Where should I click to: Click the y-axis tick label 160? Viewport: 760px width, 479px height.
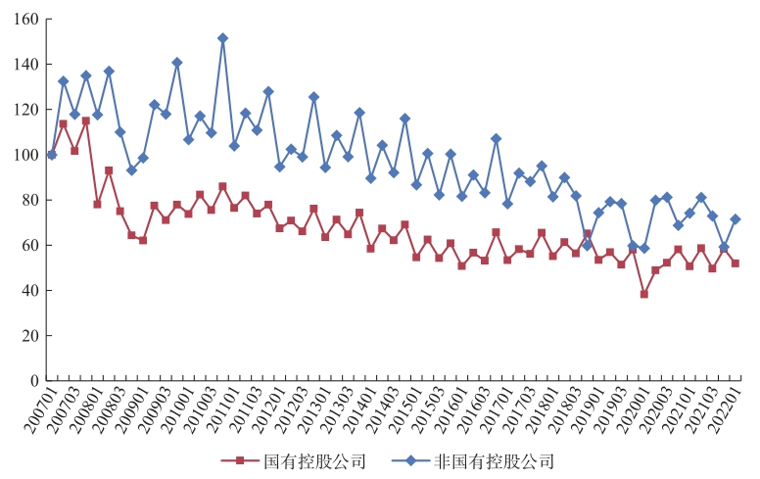(26, 20)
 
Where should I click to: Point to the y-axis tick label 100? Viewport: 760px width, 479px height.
(26, 155)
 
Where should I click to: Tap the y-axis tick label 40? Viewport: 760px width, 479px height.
(30, 290)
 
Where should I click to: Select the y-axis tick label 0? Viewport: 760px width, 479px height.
(34, 380)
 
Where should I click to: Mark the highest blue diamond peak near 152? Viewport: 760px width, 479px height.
(222, 38)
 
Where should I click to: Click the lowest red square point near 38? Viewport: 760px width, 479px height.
(644, 294)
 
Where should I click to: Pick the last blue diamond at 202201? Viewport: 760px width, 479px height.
(736, 219)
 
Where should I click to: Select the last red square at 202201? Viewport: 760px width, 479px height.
(736, 263)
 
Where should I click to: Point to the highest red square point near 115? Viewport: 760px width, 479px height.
(85, 120)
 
